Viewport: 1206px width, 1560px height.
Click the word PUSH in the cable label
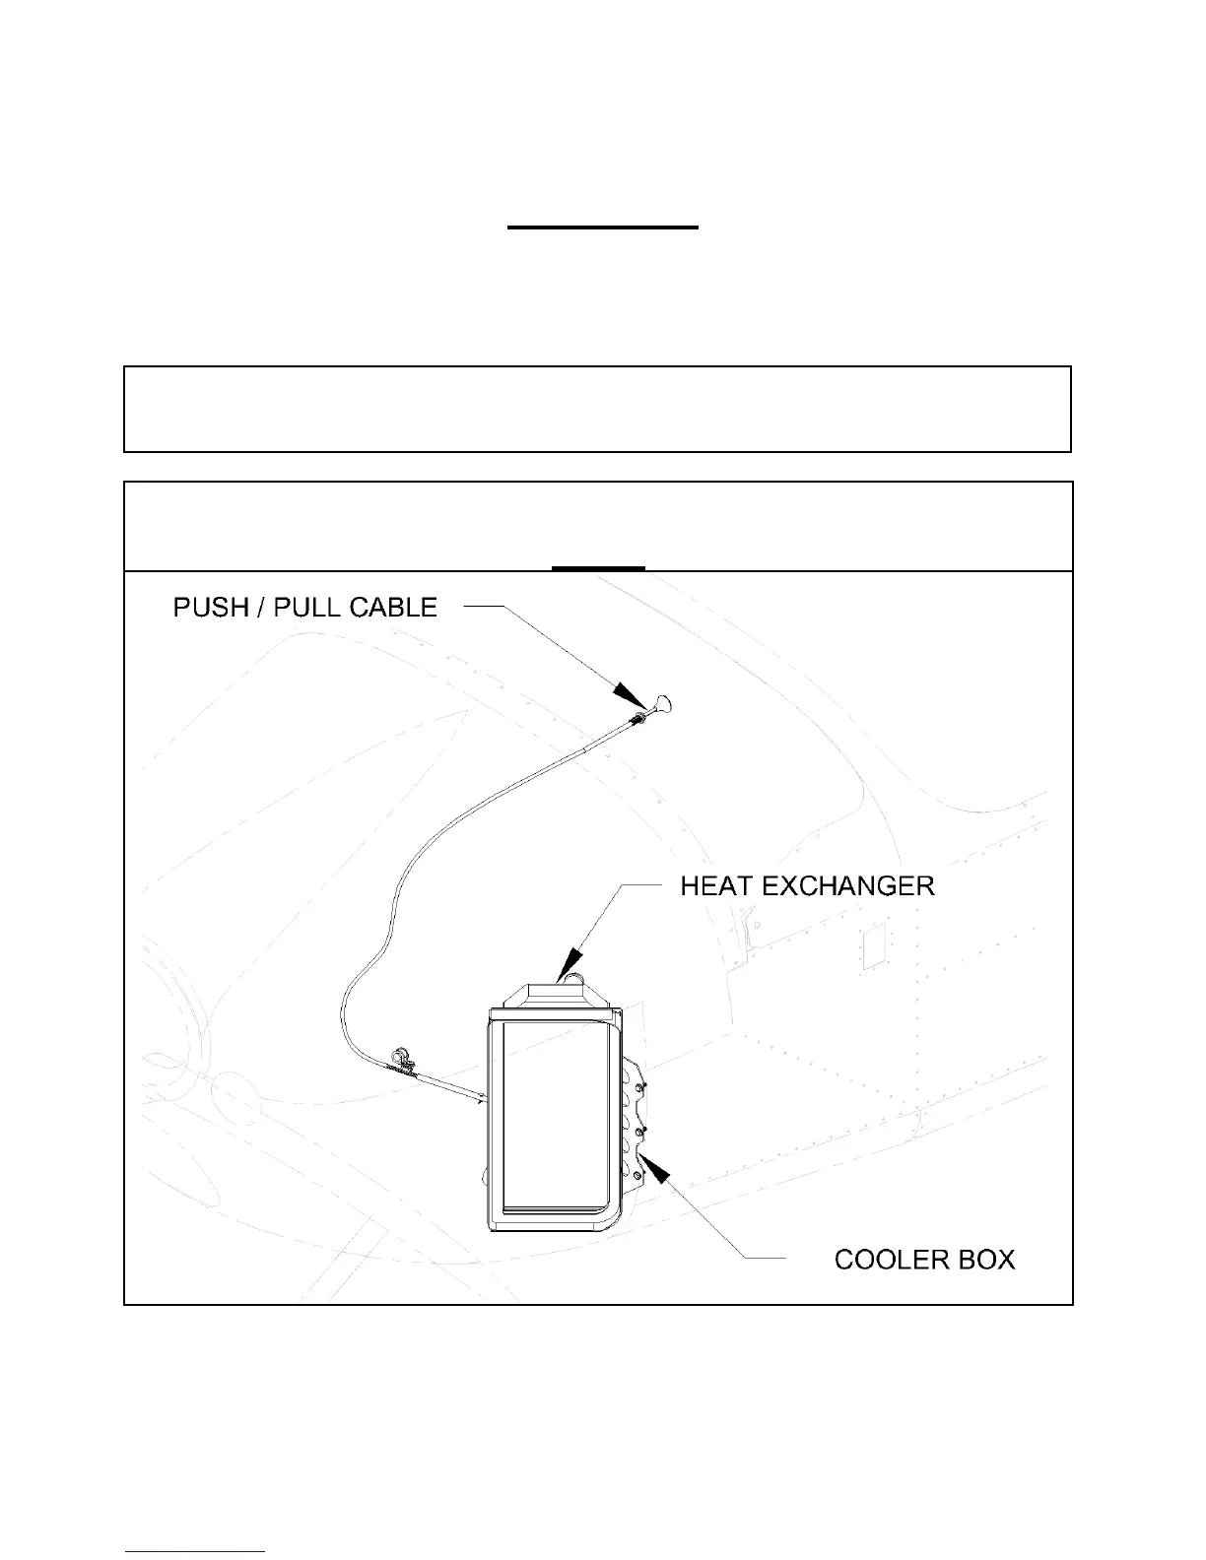click(211, 608)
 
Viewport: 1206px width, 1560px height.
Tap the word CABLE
click(393, 608)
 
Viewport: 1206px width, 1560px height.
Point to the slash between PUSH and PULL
click(261, 608)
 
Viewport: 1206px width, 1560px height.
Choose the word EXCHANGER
click(848, 886)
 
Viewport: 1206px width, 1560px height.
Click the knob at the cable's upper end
click(662, 705)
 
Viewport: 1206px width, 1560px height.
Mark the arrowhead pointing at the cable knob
click(629, 694)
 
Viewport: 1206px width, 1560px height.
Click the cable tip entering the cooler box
click(484, 1098)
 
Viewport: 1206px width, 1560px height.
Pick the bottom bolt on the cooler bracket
click(637, 1175)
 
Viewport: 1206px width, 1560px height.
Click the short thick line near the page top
click(603, 227)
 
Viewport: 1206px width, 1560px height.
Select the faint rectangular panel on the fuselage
click(873, 945)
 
